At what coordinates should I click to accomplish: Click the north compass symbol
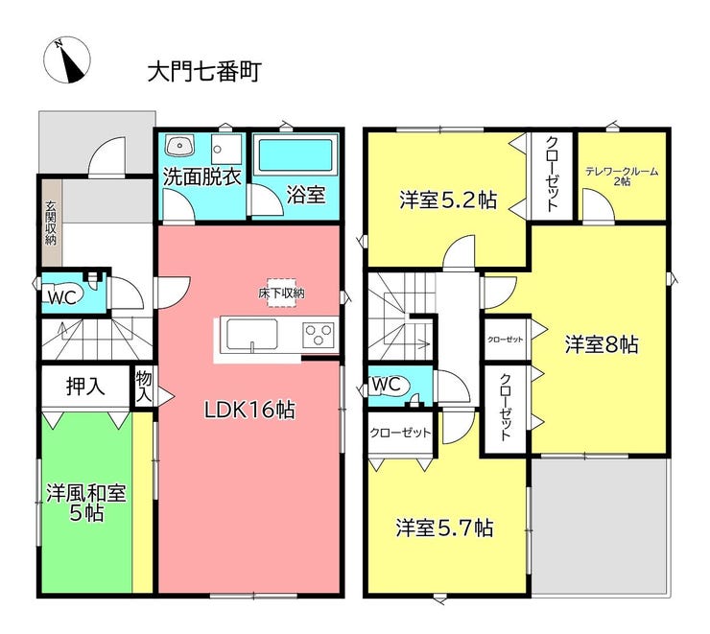(67, 60)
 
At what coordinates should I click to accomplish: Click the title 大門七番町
(204, 72)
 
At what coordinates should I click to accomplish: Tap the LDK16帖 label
(250, 410)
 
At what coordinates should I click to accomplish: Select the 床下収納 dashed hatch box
(281, 293)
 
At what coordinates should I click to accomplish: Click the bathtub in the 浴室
(296, 154)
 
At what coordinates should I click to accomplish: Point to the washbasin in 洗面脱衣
(179, 146)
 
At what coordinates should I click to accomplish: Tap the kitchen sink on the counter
(251, 335)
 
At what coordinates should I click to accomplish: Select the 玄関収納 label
(51, 223)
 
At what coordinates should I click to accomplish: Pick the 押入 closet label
(85, 386)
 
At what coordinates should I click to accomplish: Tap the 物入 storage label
(144, 386)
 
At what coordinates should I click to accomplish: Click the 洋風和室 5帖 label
(86, 503)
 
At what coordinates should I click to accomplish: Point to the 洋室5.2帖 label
(448, 200)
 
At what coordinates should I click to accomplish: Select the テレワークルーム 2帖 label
(622, 176)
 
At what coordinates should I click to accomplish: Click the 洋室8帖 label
(602, 344)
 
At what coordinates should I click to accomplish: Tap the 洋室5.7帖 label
(444, 528)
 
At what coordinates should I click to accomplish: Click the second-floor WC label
(387, 385)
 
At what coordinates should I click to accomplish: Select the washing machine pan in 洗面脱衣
(226, 149)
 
